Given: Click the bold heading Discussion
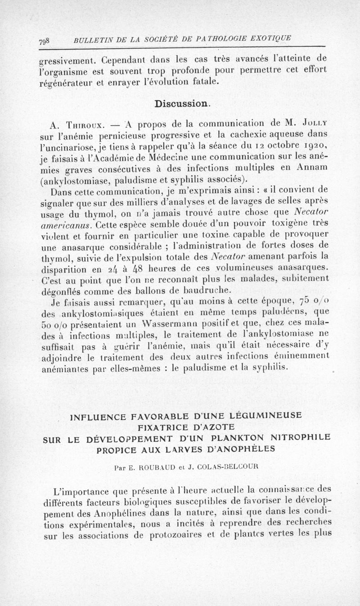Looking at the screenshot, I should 181,103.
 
